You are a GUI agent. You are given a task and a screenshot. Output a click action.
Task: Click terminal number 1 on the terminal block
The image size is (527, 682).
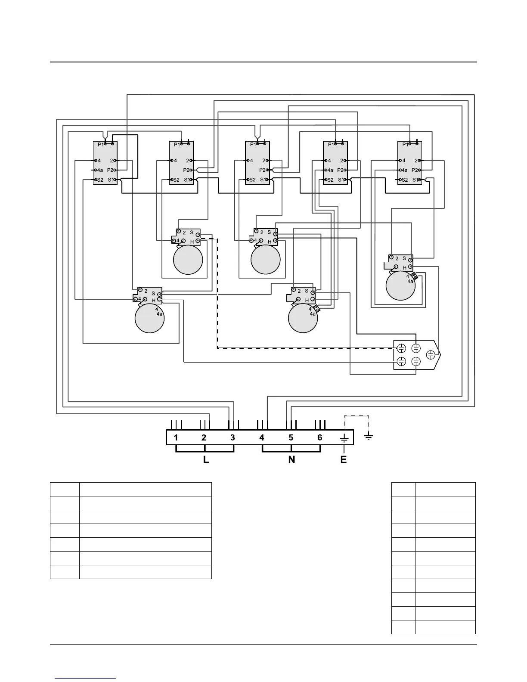pyautogui.click(x=176, y=437)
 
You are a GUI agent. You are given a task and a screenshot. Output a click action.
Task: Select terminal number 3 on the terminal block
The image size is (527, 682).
pyautogui.click(x=232, y=437)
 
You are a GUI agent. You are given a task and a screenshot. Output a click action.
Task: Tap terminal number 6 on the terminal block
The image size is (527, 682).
pyautogui.click(x=319, y=437)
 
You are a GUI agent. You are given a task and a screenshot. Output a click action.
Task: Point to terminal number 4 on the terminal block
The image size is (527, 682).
pyautogui.click(x=262, y=437)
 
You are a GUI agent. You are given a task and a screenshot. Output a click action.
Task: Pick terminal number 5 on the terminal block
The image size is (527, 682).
pyautogui.click(x=291, y=437)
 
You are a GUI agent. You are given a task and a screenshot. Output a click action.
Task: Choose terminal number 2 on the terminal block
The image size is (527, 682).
pyautogui.click(x=204, y=437)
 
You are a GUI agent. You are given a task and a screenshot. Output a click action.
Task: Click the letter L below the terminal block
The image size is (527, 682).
pyautogui.click(x=206, y=460)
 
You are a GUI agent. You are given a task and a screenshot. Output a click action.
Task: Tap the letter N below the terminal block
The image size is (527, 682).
pyautogui.click(x=291, y=460)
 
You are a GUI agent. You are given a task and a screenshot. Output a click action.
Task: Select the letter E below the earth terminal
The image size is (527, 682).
pyautogui.click(x=343, y=460)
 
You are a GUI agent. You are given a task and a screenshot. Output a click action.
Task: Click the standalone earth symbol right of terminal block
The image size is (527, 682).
pyautogui.click(x=369, y=437)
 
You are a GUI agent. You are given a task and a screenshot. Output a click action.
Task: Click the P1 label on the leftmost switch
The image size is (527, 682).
pyautogui.click(x=101, y=144)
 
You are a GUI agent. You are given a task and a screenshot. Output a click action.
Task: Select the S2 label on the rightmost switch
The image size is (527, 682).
pyautogui.click(x=404, y=180)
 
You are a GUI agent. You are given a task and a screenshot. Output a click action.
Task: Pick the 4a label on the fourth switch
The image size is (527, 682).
pyautogui.click(x=329, y=170)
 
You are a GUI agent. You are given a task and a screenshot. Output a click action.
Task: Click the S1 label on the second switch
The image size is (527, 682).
pyautogui.click(x=187, y=180)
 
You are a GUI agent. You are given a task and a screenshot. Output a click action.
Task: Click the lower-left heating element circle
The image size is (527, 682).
pyautogui.click(x=149, y=318)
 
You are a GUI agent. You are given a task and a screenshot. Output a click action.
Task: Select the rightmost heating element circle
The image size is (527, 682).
pyautogui.click(x=401, y=285)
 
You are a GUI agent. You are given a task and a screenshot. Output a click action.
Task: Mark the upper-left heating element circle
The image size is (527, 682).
pyautogui.click(x=188, y=260)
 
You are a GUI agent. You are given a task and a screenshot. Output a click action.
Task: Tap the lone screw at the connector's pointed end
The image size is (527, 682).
pyautogui.click(x=430, y=355)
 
